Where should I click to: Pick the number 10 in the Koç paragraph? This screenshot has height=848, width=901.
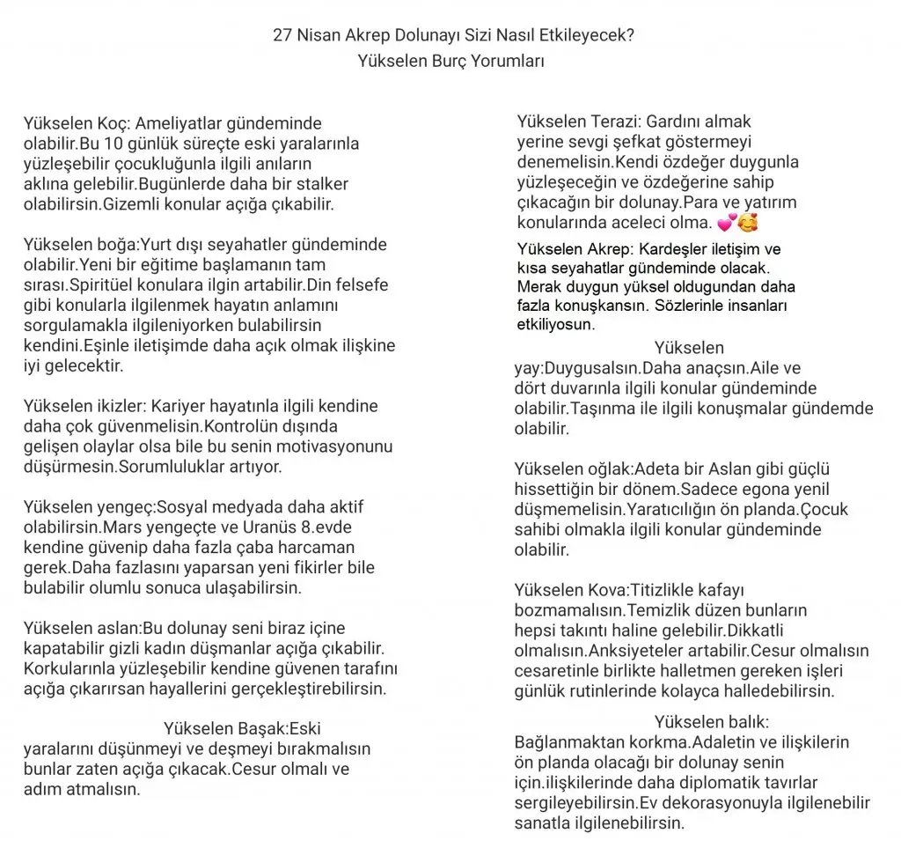click(x=113, y=144)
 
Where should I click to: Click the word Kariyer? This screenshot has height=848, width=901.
click(x=184, y=406)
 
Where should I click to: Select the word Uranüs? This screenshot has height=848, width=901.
click(x=263, y=527)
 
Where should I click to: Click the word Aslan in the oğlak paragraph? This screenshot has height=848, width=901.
click(x=720, y=468)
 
